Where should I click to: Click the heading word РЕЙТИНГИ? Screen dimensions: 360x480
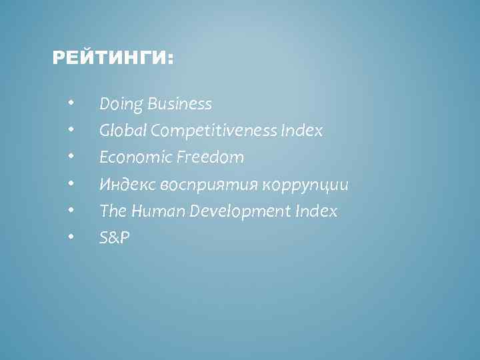(111, 60)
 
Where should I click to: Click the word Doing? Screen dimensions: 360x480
(121, 105)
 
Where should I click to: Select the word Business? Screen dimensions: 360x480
(180, 105)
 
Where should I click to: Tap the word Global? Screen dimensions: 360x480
(123, 131)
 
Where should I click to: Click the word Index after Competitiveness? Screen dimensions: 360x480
(303, 131)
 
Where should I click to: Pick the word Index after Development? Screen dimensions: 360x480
(317, 211)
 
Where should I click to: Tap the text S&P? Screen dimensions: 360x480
(114, 238)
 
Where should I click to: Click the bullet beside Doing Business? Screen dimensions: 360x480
(70, 103)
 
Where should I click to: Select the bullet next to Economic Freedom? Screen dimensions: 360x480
(70, 157)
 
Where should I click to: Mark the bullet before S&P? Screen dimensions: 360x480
(70, 237)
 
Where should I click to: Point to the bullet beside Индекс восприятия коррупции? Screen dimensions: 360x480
(70, 183)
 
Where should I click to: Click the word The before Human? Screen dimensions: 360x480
(111, 211)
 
